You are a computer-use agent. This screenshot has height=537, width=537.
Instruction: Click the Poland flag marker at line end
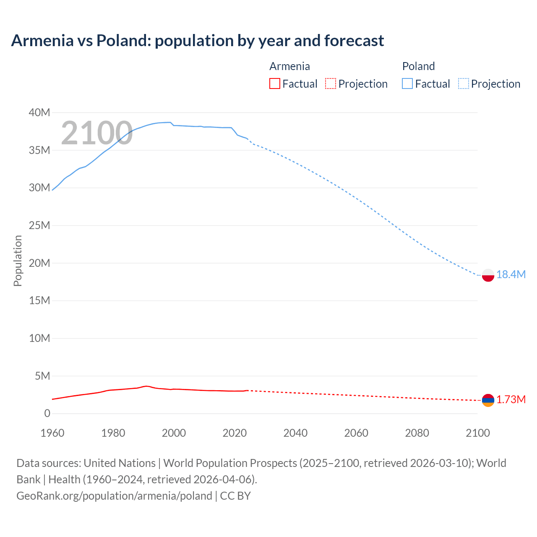[x=487, y=275]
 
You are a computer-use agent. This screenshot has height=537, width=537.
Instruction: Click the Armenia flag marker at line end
[x=487, y=400]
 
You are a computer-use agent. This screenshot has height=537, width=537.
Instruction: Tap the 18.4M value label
[x=511, y=274]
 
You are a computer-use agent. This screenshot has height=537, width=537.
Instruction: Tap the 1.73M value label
[x=511, y=399]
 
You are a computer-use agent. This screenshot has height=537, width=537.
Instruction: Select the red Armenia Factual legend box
[x=274, y=83]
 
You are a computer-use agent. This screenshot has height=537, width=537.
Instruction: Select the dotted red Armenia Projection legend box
[x=331, y=83]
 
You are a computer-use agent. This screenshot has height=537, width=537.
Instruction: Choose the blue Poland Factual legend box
[x=407, y=83]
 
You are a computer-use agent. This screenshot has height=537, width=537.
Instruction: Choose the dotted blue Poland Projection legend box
[x=464, y=83]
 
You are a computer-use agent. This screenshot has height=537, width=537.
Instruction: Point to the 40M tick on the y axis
[x=39, y=112]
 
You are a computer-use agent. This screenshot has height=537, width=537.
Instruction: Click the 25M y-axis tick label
[x=39, y=225]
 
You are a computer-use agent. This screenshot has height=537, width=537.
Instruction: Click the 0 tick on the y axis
[x=47, y=413]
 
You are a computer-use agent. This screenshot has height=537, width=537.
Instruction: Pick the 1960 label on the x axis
[x=52, y=433]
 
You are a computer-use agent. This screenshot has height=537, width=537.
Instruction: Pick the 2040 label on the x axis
[x=295, y=433]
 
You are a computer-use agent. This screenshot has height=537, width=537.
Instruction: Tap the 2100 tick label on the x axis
[x=477, y=433]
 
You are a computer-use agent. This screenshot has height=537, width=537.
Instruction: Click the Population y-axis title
[x=18, y=261]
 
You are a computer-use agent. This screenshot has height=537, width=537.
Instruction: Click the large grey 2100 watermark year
[x=97, y=133]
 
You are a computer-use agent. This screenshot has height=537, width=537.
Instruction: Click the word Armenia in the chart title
[x=42, y=41]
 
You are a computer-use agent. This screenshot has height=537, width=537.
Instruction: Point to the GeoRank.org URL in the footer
[x=114, y=495]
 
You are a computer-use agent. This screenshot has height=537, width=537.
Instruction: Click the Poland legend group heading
[x=418, y=66]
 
